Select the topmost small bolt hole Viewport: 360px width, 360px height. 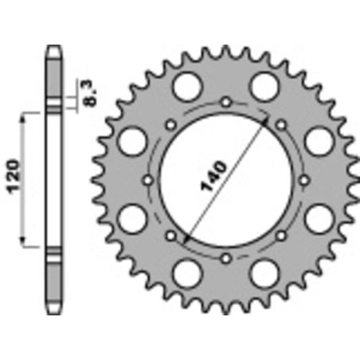226,102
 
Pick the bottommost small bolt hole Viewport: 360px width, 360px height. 226,259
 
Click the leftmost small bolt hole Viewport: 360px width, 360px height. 148,181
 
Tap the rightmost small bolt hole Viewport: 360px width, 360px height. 305,181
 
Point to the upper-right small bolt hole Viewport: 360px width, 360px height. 281,125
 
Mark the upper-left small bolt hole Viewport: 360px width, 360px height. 171,125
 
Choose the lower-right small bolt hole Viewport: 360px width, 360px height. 281,236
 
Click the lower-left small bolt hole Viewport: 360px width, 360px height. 171,236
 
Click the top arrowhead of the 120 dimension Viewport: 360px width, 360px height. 23,116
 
